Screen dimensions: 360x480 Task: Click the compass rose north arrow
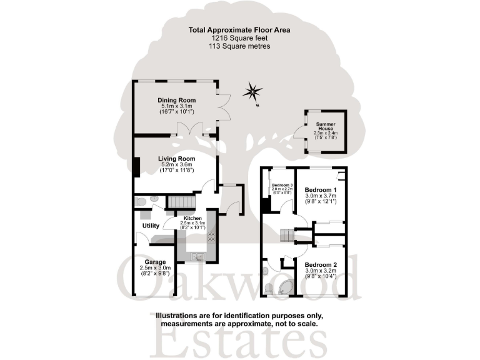click(253, 92)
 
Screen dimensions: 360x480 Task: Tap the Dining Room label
click(177, 100)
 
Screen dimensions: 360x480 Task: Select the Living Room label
click(177, 159)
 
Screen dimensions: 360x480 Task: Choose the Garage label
click(155, 262)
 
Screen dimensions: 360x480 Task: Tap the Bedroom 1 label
click(321, 189)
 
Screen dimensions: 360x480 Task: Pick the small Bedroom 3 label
click(282, 186)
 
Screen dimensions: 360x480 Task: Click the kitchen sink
click(196, 256)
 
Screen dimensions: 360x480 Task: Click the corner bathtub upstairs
click(289, 287)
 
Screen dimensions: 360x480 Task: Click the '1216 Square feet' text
click(240, 37)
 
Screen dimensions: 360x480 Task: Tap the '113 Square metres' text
click(240, 46)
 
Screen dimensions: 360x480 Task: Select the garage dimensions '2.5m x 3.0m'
click(155, 268)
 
